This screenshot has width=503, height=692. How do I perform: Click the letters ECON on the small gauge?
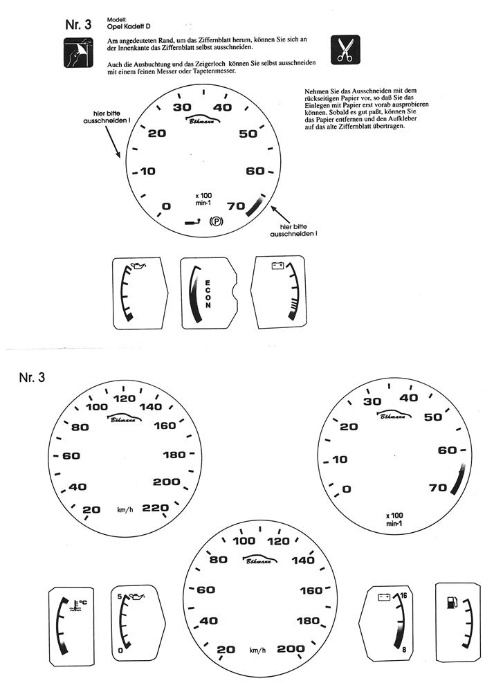[207, 293]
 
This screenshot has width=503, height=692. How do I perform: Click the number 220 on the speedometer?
[156, 509]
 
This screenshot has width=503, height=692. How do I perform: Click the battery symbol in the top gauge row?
[279, 265]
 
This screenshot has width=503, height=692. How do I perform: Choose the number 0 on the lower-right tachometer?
[347, 489]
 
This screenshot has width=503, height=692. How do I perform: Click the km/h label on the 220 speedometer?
[126, 509]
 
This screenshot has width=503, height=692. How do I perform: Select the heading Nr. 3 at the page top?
[78, 25]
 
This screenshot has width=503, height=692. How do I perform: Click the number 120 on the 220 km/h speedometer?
[125, 399]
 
